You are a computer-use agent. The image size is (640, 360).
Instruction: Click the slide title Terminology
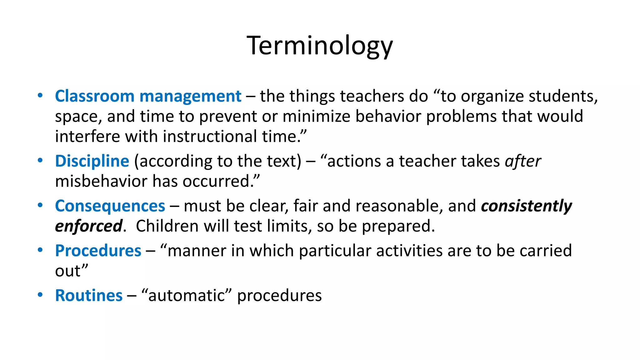click(320, 46)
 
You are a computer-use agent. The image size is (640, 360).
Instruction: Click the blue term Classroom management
click(148, 96)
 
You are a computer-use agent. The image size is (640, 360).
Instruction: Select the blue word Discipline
click(92, 161)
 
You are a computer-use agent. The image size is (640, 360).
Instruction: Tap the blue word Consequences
click(110, 206)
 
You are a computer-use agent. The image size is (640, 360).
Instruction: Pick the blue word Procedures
click(98, 251)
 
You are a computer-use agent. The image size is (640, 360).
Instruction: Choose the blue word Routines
click(89, 295)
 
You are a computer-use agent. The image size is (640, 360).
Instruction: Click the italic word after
click(523, 161)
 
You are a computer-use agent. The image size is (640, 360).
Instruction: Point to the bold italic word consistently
click(526, 206)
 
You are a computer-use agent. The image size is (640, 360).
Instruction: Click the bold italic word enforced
click(89, 226)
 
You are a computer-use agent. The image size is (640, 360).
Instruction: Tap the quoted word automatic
click(186, 295)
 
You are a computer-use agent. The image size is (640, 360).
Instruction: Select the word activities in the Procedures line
click(409, 251)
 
